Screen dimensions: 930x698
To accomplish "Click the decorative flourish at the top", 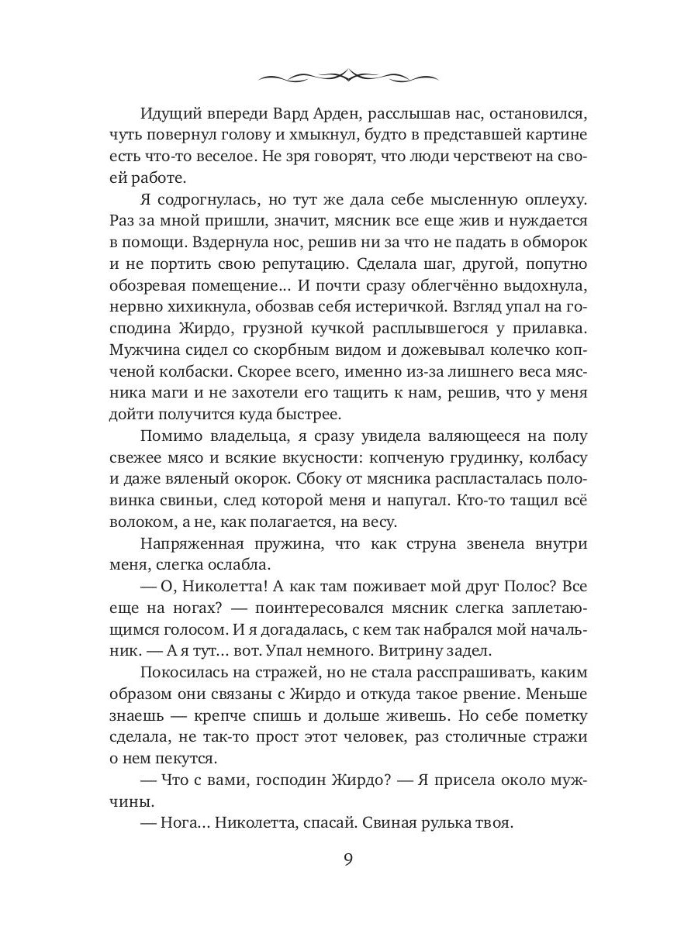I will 348,74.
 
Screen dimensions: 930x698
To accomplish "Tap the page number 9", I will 348,860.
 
